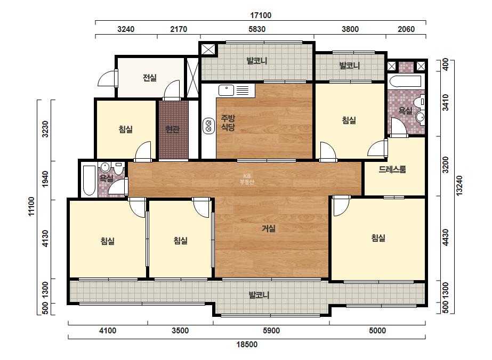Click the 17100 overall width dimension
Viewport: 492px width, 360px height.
click(261, 15)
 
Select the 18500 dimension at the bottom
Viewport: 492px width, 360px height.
click(247, 345)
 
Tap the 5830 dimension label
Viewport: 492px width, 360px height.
click(257, 29)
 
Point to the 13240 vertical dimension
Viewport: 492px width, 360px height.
click(459, 186)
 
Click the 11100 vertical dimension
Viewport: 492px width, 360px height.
click(31, 206)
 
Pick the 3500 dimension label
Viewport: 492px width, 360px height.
click(180, 331)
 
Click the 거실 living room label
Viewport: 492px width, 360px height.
click(269, 228)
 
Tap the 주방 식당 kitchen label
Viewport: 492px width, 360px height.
click(228, 122)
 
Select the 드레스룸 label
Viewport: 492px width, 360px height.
click(392, 169)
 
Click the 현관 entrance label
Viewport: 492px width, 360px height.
click(172, 129)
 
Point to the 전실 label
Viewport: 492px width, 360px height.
click(150, 77)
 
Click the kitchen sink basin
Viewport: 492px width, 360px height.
click(226, 91)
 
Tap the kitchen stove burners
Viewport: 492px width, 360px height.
click(208, 126)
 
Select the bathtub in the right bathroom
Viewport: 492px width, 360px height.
click(405, 81)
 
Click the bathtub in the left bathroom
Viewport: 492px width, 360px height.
click(89, 180)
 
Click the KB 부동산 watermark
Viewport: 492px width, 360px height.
click(247, 179)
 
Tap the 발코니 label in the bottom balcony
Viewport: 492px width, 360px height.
click(259, 295)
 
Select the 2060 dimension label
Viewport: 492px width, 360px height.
click(406, 29)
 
